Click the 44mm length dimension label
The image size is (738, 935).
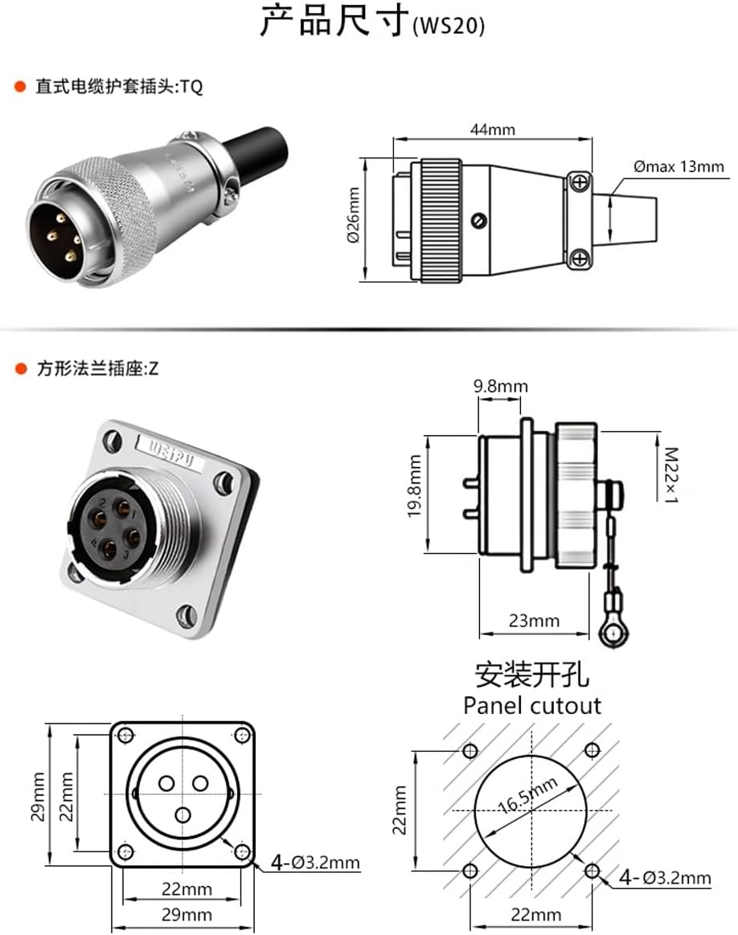tap(492, 129)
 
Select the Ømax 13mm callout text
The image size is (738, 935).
tap(678, 167)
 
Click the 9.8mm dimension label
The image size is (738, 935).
tap(500, 387)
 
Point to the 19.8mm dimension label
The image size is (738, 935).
tap(416, 487)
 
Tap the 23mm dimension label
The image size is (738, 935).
tap(533, 621)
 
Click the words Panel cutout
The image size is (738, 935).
tap(532, 706)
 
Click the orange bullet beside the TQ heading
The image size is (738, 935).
tap(20, 87)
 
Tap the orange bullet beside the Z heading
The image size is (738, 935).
tap(20, 371)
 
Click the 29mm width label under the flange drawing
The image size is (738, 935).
tap(182, 914)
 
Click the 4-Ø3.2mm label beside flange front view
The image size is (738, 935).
tap(315, 863)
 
